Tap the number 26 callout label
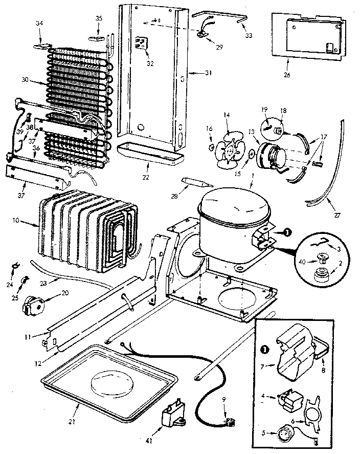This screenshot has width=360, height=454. [286, 75]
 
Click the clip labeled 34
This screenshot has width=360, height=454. [41, 45]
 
